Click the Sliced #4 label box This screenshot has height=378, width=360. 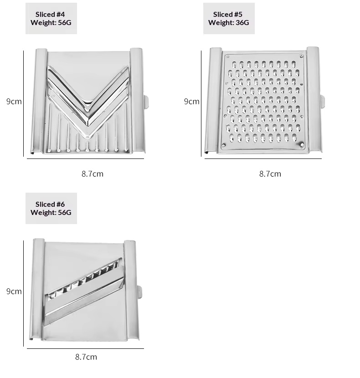pyautogui.click(x=51, y=18)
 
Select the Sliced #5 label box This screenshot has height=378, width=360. pyautogui.click(x=229, y=18)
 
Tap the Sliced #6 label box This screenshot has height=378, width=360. pyautogui.click(x=51, y=208)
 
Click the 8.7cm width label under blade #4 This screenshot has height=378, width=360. pyautogui.click(x=93, y=174)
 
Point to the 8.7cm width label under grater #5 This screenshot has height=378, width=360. pyautogui.click(x=270, y=174)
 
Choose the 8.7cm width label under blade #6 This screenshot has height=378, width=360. pyautogui.click(x=86, y=357)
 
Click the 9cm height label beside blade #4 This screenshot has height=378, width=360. pyautogui.click(x=14, y=102)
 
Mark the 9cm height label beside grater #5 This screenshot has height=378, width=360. pyautogui.click(x=191, y=102)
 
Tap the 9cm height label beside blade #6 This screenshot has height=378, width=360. pyautogui.click(x=14, y=291)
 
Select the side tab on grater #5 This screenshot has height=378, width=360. pyautogui.click(x=322, y=101)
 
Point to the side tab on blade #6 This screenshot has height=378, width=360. pyautogui.click(x=139, y=292)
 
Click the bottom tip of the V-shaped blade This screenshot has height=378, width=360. pyautogui.click(x=87, y=138)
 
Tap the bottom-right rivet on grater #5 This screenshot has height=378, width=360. pyautogui.click(x=302, y=145)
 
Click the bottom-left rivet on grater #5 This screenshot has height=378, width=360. pyautogui.click(x=224, y=145)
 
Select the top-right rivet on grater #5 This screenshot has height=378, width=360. pyautogui.click(x=301, y=56)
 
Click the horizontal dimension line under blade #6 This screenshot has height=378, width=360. pyautogui.click(x=85, y=348)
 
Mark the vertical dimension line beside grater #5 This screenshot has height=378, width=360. pyautogui.click(x=201, y=103)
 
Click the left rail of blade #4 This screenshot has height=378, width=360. pyautogui.click(x=39, y=101)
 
